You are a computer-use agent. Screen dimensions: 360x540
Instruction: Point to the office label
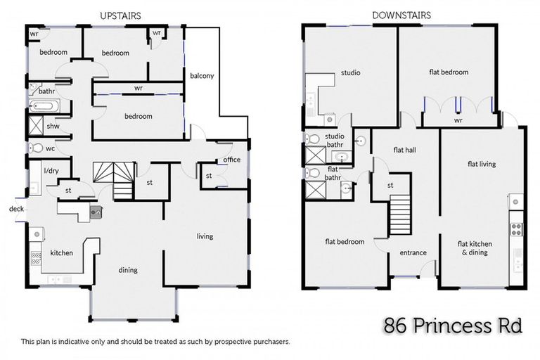(231, 160)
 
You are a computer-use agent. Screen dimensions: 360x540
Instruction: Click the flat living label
(482, 164)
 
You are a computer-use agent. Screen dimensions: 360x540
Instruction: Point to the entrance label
(413, 252)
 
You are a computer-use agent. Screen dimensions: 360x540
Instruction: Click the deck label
(15, 209)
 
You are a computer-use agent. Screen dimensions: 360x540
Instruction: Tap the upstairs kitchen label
(61, 252)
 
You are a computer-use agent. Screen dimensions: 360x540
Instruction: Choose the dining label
(128, 270)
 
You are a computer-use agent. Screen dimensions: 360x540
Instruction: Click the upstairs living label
(205, 236)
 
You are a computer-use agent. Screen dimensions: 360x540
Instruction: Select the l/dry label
(51, 171)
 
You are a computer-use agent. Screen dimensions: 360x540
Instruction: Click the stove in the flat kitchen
(516, 229)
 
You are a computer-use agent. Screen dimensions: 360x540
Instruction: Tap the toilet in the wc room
(35, 148)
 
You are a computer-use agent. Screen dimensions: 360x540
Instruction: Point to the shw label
(52, 127)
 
